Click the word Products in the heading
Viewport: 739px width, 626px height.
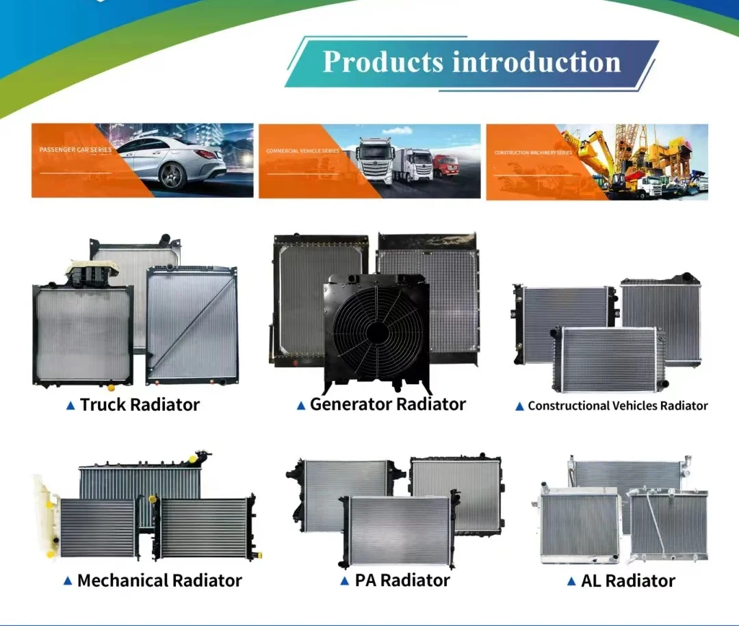(383, 62)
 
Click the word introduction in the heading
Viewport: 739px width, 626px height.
(536, 62)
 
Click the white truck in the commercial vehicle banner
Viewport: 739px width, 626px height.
(374, 160)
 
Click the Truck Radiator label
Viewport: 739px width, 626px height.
(140, 405)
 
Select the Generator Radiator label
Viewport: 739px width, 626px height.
(387, 404)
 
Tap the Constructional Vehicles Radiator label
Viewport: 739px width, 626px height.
(617, 405)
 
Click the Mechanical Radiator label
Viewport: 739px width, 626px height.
(159, 581)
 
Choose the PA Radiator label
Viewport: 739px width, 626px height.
(402, 581)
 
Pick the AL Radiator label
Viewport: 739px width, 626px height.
(627, 581)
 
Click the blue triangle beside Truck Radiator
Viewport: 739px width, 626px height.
(70, 405)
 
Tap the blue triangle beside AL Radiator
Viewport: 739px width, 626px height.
(571, 582)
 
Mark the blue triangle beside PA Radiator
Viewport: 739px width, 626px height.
(345, 581)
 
